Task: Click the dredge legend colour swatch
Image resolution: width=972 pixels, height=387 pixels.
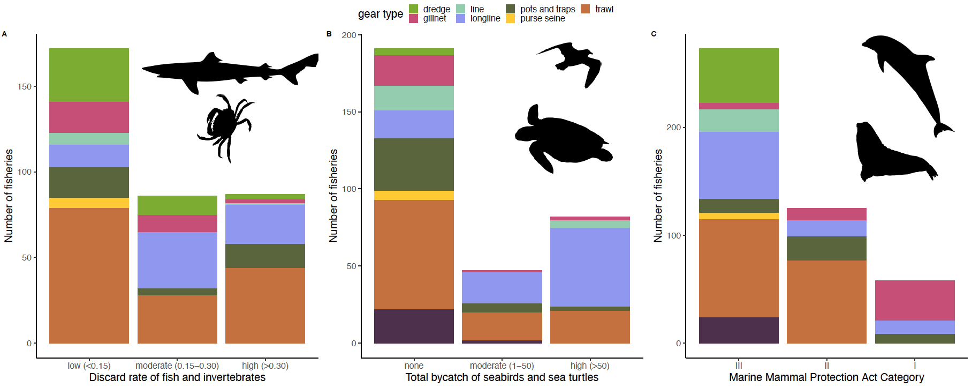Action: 413,9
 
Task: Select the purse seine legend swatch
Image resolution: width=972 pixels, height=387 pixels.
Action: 510,18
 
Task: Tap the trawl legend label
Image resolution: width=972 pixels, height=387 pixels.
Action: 604,9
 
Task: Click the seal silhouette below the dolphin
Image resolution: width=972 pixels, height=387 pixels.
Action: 889,155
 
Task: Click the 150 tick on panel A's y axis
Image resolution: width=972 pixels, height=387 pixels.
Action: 25,86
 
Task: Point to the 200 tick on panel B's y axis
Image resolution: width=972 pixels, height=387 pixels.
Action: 349,35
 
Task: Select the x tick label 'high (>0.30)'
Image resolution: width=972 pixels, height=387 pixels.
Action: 265,366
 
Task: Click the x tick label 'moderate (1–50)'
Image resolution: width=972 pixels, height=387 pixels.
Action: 502,366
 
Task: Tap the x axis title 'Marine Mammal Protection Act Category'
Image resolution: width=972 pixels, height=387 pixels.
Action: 826,377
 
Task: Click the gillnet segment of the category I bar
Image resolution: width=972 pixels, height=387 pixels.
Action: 914,300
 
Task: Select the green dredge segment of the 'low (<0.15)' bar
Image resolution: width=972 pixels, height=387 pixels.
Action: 89,75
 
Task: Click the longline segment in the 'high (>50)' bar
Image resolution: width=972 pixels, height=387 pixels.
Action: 590,267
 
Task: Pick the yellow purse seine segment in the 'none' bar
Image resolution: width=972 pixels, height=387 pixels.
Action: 414,195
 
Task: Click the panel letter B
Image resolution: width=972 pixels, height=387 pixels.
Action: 329,34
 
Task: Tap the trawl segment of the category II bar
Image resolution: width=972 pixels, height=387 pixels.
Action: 826,301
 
